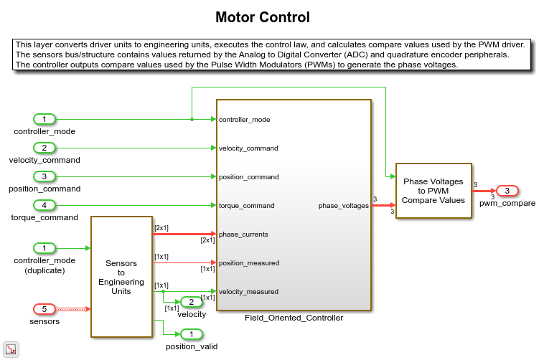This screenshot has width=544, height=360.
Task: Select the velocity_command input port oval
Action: [44, 148]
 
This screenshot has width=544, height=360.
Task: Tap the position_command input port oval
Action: [44, 176]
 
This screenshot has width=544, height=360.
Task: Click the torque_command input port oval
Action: [44, 205]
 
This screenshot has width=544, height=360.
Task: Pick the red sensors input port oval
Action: [44, 309]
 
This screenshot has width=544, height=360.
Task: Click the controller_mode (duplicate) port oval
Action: [44, 248]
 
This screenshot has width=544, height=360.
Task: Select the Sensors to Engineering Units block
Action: [121, 276]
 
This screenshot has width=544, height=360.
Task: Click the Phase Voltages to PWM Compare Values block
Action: [433, 191]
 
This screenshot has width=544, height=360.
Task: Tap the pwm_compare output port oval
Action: [507, 191]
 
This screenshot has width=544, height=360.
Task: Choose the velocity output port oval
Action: [192, 302]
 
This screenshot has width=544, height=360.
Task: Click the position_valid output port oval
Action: [192, 334]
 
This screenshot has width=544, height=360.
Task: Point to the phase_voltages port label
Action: [344, 206]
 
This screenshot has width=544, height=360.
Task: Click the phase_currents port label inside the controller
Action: [243, 235]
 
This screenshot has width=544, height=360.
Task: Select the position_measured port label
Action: [248, 263]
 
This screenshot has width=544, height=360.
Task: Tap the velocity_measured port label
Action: [248, 292]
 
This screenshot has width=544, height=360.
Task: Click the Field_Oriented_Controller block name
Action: [294, 318]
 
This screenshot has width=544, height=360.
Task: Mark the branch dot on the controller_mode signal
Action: [192, 119]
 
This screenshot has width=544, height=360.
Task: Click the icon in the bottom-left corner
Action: [11, 349]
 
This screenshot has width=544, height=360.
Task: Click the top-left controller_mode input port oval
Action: [44, 119]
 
